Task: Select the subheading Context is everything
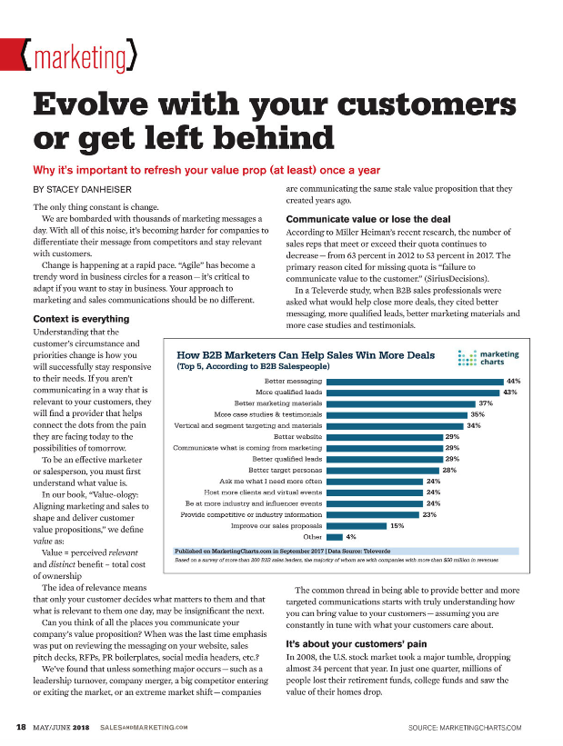pos(82,319)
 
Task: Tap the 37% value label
pos(486,403)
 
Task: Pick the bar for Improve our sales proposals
pos(356,525)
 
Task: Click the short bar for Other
pos(334,536)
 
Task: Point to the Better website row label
pos(297,436)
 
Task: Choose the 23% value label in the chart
pos(430,514)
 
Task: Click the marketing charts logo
pos(489,358)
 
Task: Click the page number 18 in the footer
pos(20,727)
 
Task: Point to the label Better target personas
pos(285,470)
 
